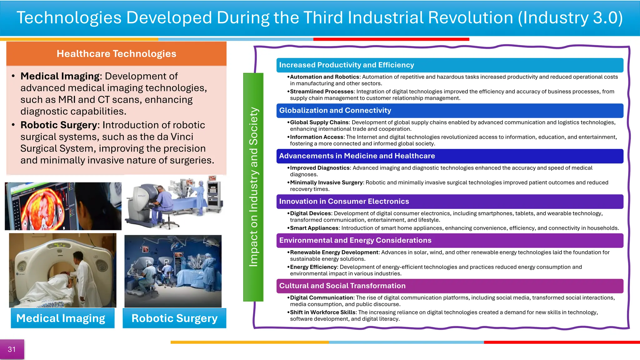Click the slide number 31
coord(12,349)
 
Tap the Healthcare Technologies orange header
coord(116,54)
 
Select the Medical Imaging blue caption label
coord(62,318)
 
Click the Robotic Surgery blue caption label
coord(174,318)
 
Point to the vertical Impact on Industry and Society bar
coord(253,187)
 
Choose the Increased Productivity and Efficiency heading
coord(346,65)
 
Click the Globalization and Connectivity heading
coord(335,111)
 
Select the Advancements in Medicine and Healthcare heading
coord(357,156)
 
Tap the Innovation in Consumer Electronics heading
coord(344,202)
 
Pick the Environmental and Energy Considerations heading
coord(355,240)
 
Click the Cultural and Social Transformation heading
coord(342,286)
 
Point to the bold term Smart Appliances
coord(314,228)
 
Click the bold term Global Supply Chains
coord(319,122)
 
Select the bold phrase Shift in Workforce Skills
coord(322,312)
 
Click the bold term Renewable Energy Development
coord(334,252)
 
